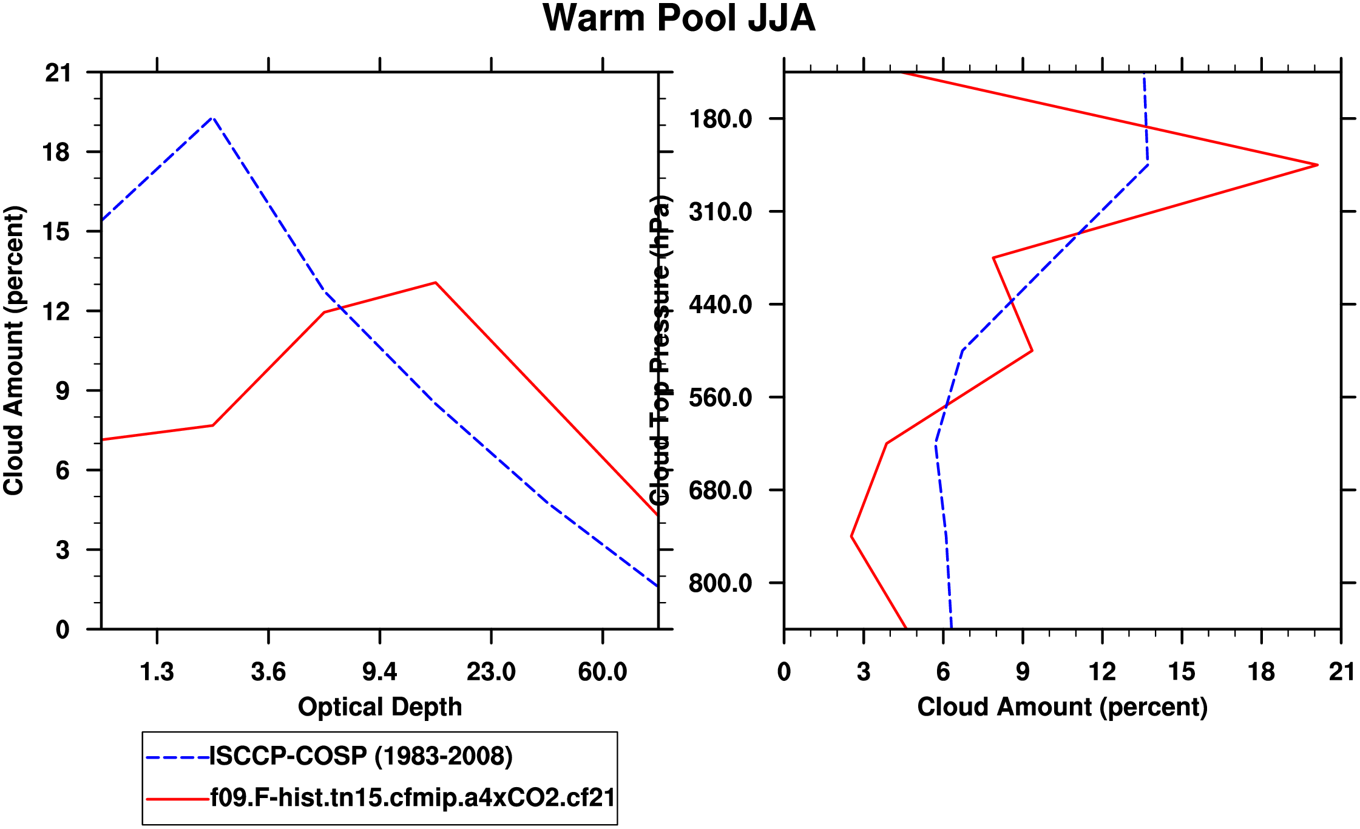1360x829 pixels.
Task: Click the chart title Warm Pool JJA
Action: pos(678,18)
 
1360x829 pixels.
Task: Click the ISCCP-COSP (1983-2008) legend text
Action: pos(361,756)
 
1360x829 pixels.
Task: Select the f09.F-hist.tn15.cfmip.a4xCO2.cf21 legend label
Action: pos(413,797)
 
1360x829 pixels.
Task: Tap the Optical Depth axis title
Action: pos(380,707)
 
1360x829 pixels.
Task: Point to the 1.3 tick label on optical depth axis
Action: pos(157,672)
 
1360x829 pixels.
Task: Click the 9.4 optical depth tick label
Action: pos(379,672)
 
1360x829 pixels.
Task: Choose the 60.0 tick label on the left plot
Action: pos(602,672)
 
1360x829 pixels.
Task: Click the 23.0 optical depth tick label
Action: pos(491,672)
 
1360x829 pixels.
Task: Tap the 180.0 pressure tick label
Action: pos(720,119)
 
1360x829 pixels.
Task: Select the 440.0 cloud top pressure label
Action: pos(720,304)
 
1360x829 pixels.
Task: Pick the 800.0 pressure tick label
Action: pos(720,583)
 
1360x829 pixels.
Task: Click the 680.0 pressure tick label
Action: pos(720,490)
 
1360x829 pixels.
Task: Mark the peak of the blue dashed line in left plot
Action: pos(212,118)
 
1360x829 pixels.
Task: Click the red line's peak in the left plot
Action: pos(436,283)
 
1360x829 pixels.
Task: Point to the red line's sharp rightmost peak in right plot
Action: pos(1318,165)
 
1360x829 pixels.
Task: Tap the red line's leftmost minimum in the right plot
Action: pos(851,536)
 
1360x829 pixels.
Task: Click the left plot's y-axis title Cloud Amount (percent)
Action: pos(13,351)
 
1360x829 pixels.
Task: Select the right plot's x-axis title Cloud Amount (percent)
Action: pos(1062,707)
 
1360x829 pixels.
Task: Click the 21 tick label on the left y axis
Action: pos(58,73)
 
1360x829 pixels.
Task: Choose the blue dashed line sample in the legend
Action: pos(177,757)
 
